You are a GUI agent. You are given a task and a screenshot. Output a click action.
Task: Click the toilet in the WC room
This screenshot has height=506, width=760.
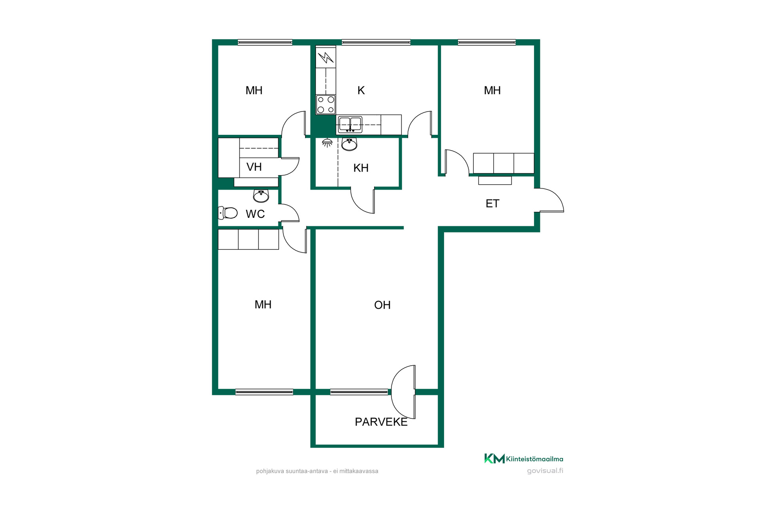[228, 213]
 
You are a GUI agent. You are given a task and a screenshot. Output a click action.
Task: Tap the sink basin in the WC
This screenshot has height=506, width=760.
[261, 196]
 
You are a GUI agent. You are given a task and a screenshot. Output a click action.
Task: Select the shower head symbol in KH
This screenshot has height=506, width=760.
[327, 143]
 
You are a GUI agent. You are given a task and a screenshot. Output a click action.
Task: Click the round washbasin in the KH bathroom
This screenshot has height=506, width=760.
[349, 144]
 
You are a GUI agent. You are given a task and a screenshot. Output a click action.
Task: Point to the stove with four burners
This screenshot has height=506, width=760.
[326, 105]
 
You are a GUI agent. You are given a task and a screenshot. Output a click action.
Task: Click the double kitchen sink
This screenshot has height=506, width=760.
[350, 125]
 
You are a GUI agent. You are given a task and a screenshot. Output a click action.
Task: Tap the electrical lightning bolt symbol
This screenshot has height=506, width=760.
[326, 58]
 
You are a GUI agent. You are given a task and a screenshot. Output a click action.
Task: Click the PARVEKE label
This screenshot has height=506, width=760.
[381, 422]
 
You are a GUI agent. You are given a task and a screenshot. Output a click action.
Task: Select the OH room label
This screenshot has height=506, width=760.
[382, 305]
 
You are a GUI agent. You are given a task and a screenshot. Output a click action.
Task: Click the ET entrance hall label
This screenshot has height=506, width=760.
[492, 204]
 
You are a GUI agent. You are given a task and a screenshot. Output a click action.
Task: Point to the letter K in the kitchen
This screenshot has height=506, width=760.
[361, 91]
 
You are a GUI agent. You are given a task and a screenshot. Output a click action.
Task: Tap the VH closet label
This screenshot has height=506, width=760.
[254, 167]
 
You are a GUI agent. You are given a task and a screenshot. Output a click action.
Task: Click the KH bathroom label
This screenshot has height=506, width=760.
[361, 168]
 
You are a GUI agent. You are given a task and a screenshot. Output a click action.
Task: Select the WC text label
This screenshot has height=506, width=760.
[255, 214]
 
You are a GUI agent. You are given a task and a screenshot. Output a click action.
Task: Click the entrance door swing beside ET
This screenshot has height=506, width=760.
[549, 200]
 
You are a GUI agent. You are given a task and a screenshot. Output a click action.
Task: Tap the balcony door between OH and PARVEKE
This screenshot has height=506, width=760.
[403, 392]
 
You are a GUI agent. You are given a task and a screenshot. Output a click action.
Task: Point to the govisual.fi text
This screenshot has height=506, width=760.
[545, 471]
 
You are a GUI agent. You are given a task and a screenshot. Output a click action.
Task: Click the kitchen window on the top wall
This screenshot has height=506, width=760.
[376, 42]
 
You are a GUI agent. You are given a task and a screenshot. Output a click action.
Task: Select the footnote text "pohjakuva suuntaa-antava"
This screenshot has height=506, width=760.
[292, 471]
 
